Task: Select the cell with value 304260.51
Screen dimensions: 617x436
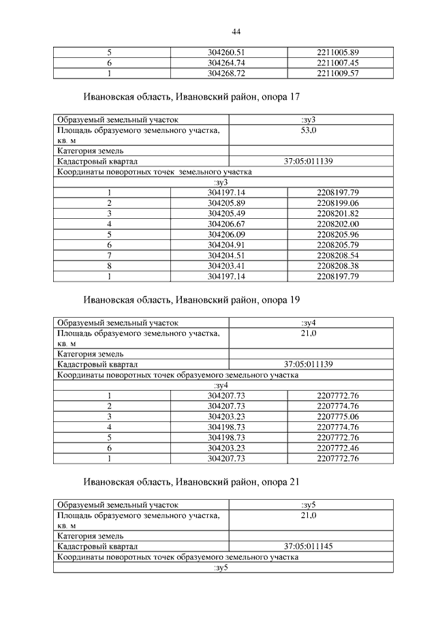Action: [229, 52]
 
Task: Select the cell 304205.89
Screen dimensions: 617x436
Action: [229, 203]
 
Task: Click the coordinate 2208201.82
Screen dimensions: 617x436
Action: [337, 213]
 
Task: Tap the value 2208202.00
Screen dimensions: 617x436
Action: [337, 224]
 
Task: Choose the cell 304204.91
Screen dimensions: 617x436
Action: [229, 245]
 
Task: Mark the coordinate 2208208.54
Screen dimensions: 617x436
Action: [337, 255]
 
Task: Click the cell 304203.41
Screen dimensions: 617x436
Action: [229, 265]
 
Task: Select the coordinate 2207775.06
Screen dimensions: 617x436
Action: [337, 416]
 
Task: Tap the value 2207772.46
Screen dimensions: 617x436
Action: [337, 447]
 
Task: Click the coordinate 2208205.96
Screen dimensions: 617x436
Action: [337, 234]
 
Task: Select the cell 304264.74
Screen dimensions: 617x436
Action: [229, 63]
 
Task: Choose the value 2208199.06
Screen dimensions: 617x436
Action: [337, 203]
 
